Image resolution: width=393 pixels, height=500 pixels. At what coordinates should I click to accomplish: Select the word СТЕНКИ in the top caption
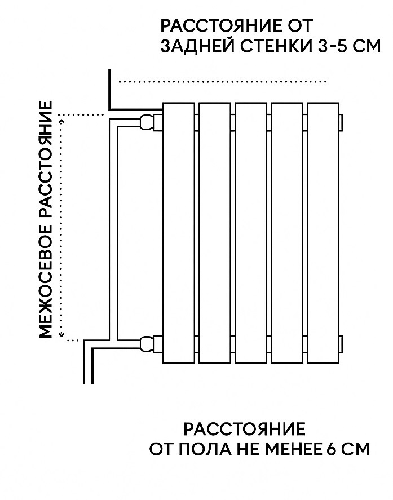[276, 46]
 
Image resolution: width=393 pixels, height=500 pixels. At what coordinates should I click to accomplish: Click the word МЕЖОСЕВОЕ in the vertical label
[45, 282]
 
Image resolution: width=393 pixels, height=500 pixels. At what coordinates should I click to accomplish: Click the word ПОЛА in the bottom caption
[204, 449]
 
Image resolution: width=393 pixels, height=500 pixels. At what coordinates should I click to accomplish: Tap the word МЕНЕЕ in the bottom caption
[292, 449]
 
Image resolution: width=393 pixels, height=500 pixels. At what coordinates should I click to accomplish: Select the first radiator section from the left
[178, 233]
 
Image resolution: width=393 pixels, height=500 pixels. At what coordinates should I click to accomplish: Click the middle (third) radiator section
[251, 233]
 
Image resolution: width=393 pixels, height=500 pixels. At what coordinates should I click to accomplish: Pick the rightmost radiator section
[323, 233]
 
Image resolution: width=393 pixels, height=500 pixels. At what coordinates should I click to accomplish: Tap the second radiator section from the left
[215, 233]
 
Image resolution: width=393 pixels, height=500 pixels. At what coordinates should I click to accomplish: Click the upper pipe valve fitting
[150, 122]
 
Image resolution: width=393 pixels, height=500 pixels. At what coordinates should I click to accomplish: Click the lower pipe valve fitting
[150, 344]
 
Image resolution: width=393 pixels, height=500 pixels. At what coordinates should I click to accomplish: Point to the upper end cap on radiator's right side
[341, 122]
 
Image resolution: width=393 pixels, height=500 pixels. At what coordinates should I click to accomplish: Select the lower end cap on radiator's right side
[341, 344]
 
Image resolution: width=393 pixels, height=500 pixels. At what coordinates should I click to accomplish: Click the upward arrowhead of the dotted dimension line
[61, 121]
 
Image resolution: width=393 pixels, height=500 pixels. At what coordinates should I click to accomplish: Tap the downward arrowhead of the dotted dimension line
[61, 334]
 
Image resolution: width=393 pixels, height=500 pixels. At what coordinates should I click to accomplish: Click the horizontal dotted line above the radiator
[222, 82]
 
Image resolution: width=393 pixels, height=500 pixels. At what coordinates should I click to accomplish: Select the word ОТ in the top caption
[299, 26]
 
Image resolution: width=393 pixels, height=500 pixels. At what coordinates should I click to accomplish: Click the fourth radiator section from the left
[287, 233]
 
